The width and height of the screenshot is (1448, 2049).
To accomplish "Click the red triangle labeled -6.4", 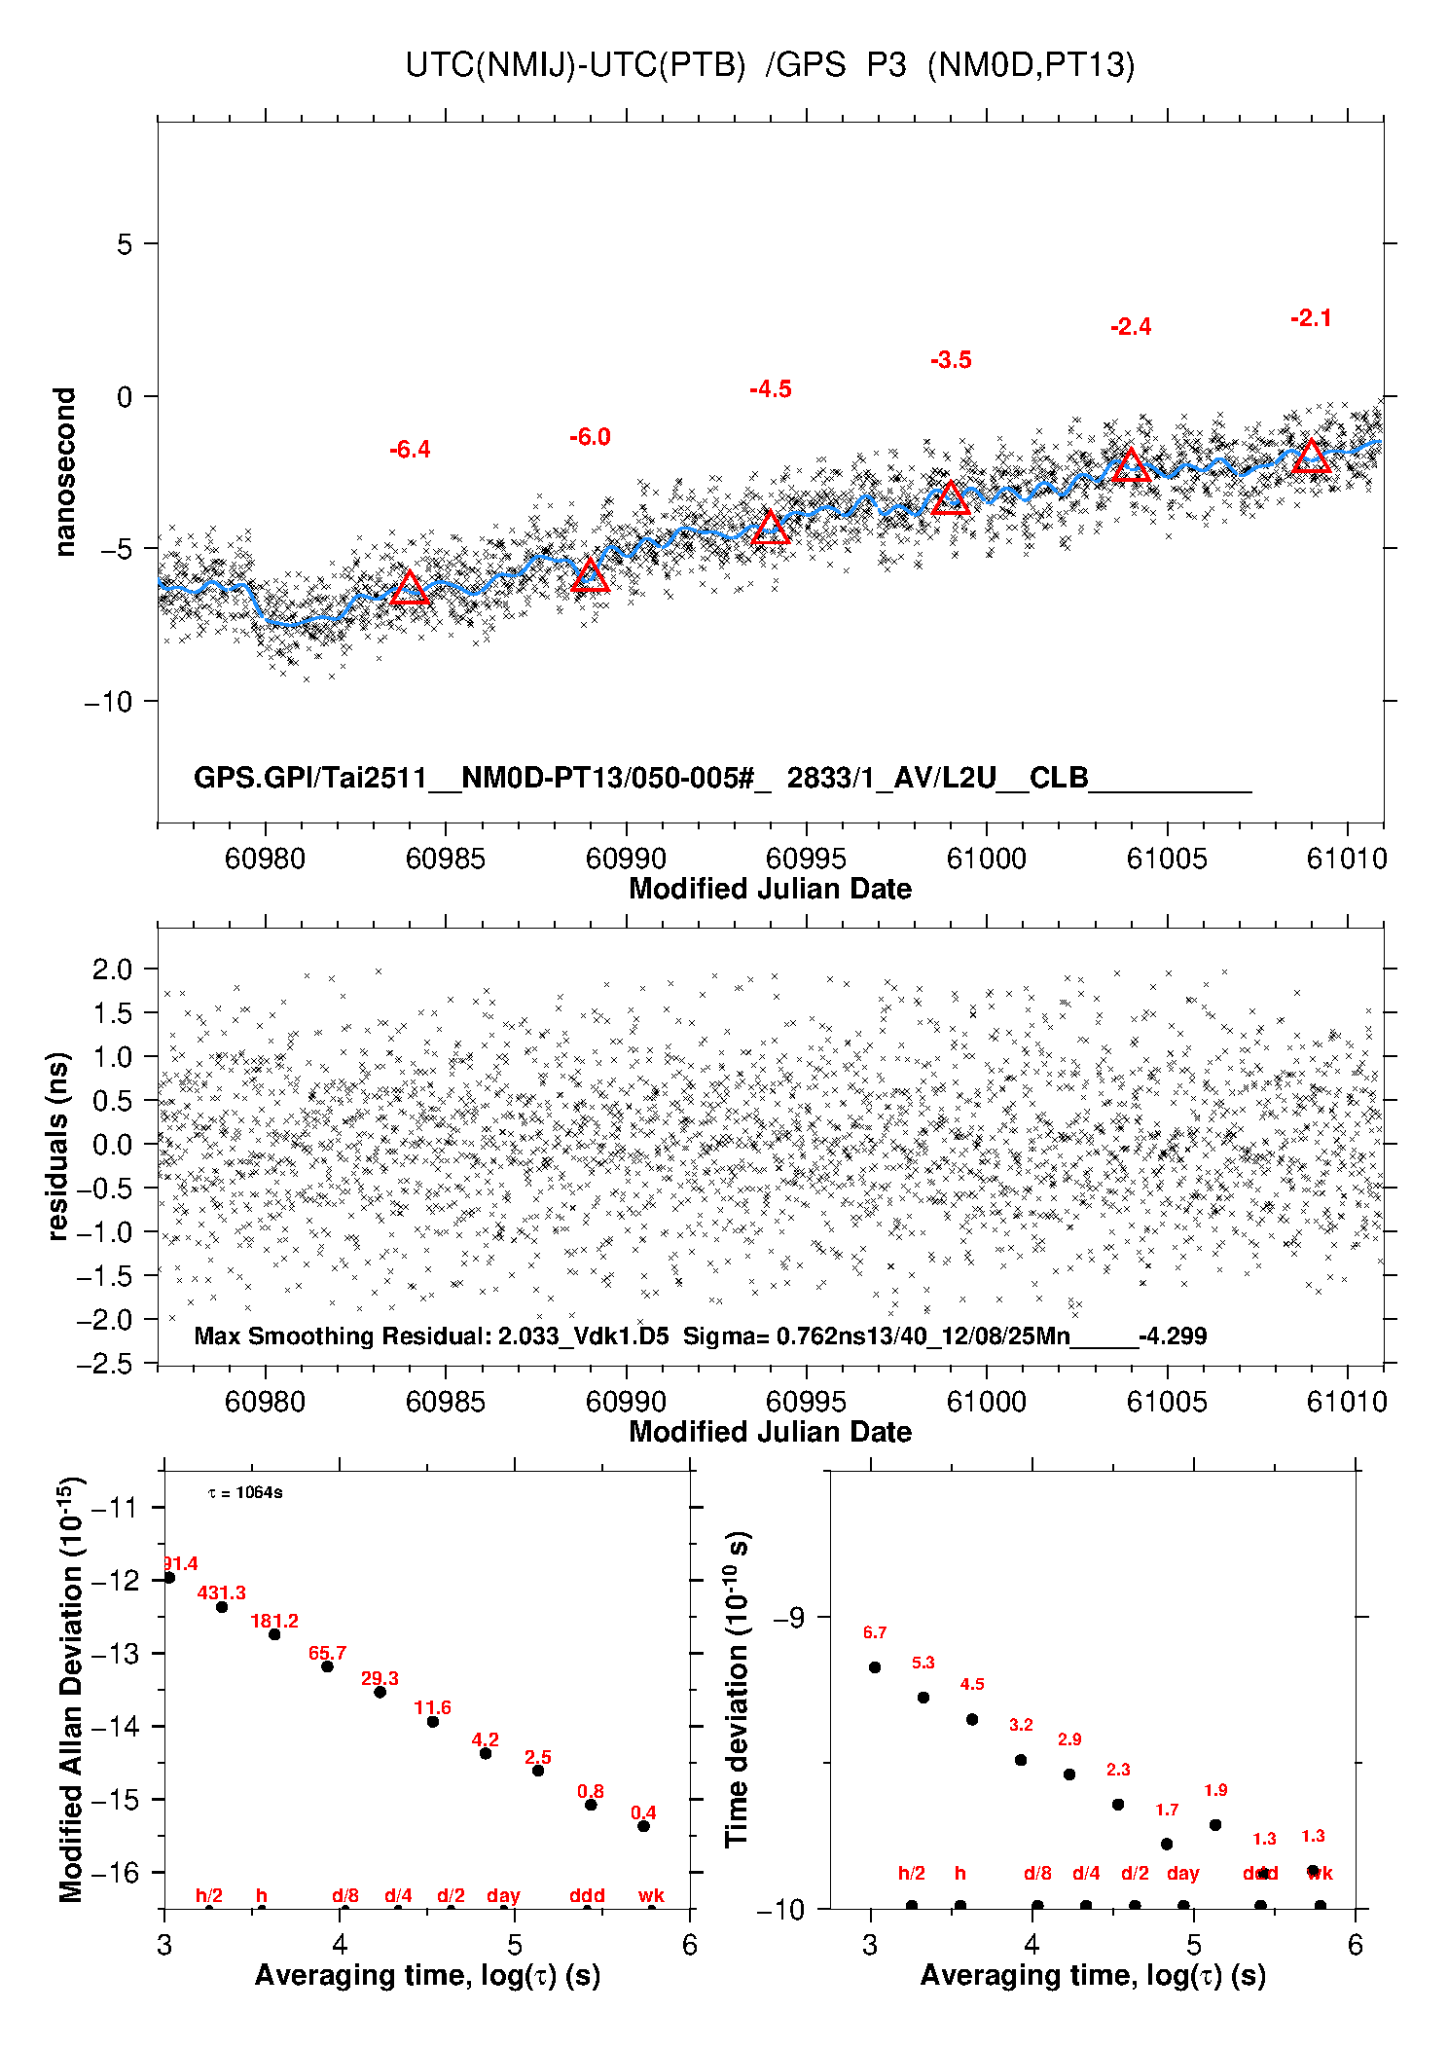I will (x=410, y=588).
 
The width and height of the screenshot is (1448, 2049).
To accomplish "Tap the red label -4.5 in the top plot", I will (x=771, y=389).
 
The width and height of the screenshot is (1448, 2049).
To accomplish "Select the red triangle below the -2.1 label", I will (x=1311, y=457).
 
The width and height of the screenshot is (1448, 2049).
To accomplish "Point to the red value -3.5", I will (x=951, y=360).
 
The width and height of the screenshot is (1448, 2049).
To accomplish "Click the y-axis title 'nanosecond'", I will (x=64, y=471).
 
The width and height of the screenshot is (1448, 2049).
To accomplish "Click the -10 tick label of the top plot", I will (x=109, y=702).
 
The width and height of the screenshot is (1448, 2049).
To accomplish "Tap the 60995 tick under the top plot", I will (x=806, y=859).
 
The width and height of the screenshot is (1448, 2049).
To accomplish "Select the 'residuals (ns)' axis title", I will (x=58, y=1146).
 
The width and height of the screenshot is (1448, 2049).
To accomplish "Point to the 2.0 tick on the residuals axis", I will (x=112, y=970).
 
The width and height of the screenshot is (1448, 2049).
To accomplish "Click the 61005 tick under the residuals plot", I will (x=1166, y=1402).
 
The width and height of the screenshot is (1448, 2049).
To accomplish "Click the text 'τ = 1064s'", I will (x=245, y=1492).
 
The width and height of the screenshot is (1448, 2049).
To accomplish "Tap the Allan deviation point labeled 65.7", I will (x=327, y=1666).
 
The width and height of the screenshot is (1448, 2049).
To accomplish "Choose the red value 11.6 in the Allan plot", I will (x=432, y=1707).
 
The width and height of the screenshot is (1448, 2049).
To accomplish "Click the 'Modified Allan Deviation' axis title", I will (x=71, y=1689).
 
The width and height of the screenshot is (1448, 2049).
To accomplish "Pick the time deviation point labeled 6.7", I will (x=875, y=1667).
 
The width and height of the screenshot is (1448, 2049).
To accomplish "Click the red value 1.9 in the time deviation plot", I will (x=1215, y=1790).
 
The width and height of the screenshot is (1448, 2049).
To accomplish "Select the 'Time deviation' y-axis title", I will (x=737, y=1689).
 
